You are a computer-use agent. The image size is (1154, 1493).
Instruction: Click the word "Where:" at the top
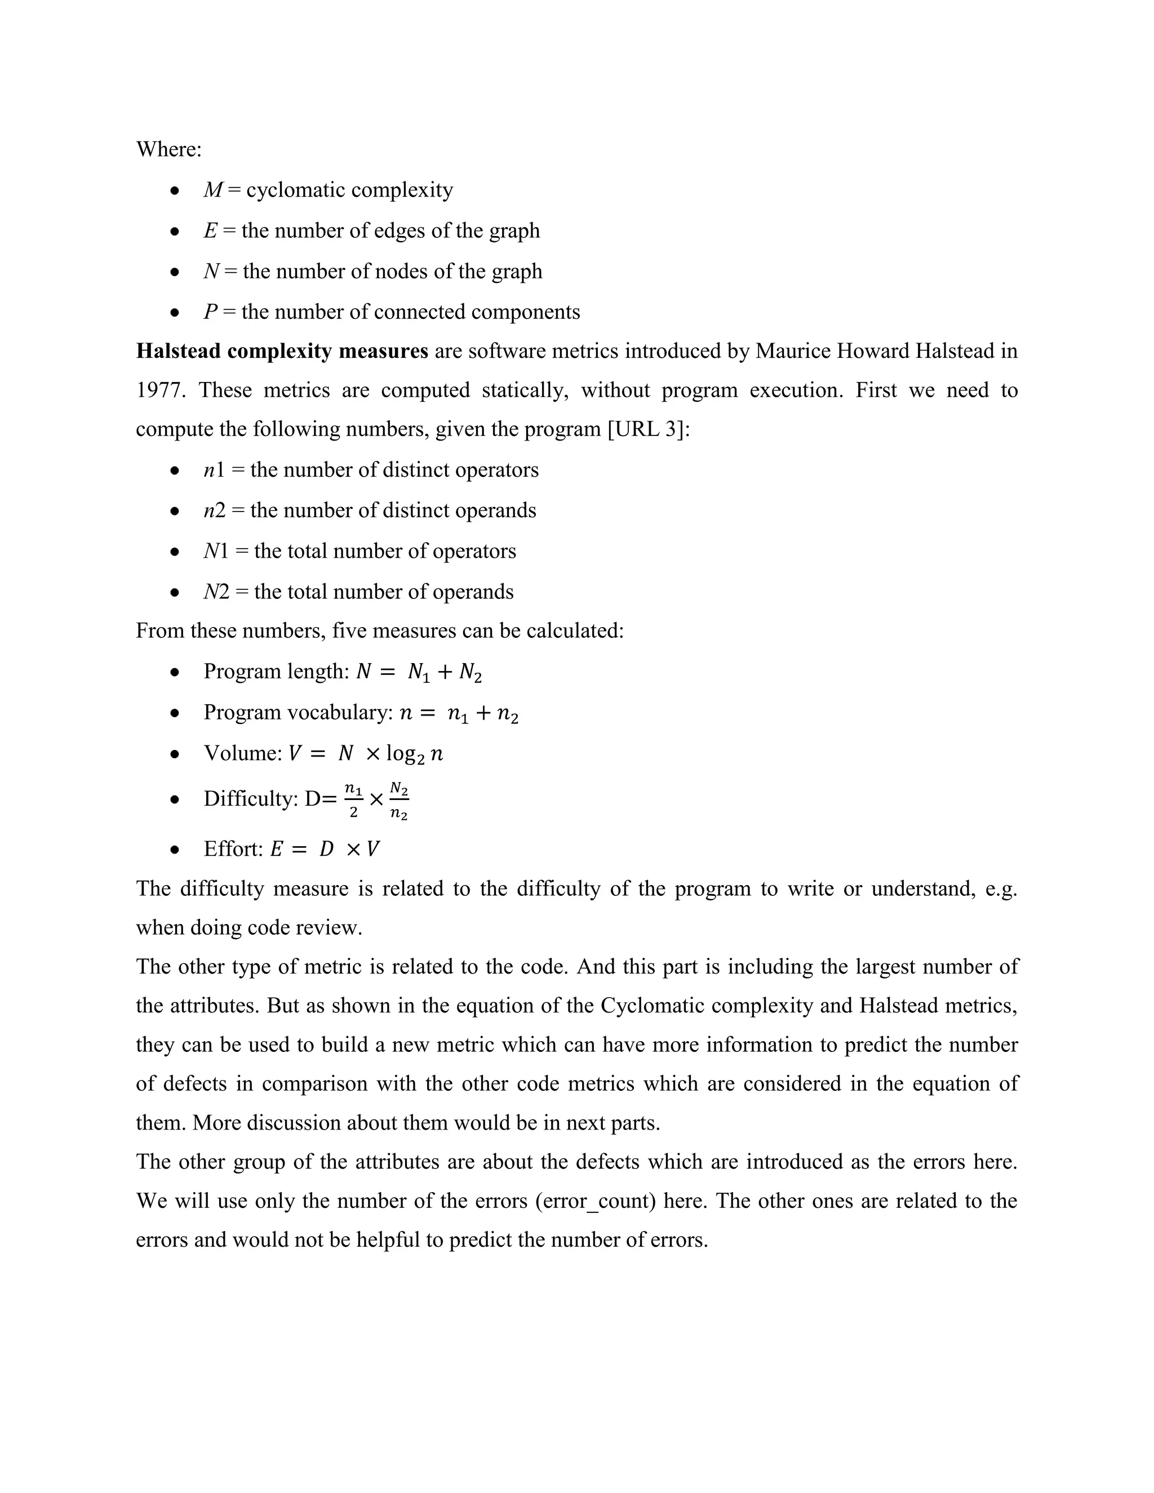(x=168, y=149)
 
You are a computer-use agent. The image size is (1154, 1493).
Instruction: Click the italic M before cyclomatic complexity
(x=212, y=190)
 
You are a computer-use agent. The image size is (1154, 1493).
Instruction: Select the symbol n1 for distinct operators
(x=214, y=470)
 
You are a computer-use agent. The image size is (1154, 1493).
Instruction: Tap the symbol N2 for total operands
(x=216, y=592)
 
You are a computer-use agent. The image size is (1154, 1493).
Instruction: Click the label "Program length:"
(x=276, y=672)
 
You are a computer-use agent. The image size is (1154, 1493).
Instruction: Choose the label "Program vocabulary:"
(x=298, y=712)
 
